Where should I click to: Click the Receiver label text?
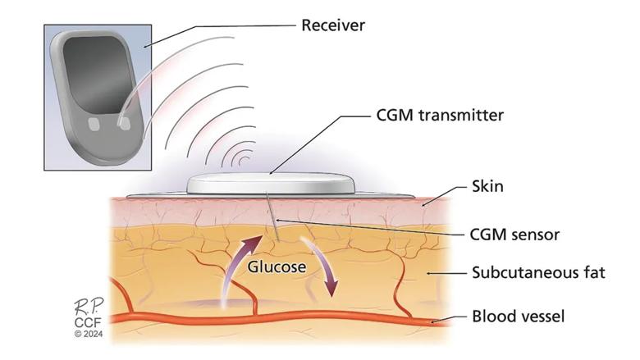332,25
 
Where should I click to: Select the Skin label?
487,187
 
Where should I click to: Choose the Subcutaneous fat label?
539,272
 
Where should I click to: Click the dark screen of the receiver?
95,75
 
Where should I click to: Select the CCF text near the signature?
85,323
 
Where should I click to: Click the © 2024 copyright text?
85,335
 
